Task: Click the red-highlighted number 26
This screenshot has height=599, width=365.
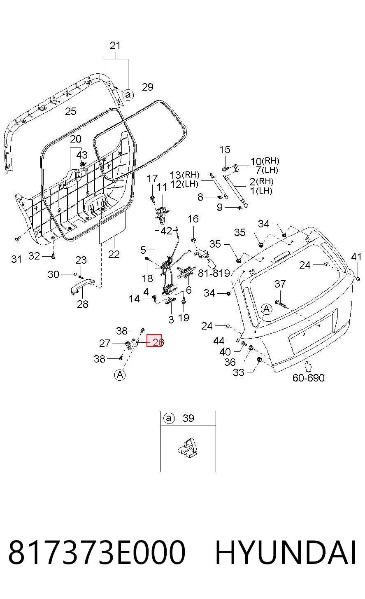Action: coord(158,342)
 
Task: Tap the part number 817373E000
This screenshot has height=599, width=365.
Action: coord(97,552)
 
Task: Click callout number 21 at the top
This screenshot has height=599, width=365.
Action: coord(115,46)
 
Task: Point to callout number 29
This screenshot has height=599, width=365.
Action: coord(148,87)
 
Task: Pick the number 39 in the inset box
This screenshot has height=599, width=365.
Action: coord(188,418)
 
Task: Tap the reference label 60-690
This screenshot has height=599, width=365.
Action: coord(308,378)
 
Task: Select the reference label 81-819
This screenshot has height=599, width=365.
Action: coord(214,273)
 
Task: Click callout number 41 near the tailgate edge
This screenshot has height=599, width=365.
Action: coord(356,257)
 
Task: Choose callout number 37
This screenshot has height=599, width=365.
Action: coord(280,284)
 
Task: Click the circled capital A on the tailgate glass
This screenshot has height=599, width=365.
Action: coord(266,309)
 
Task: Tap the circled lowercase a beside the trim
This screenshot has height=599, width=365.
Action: coord(128,94)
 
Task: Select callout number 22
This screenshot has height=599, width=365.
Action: coord(114,254)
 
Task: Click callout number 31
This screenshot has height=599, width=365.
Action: coord(16,259)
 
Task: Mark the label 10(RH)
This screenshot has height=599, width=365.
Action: coord(265,161)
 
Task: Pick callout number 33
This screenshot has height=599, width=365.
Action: coord(239,372)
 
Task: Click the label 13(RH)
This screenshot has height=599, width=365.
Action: coord(185,175)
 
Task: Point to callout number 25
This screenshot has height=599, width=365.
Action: coord(71,111)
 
